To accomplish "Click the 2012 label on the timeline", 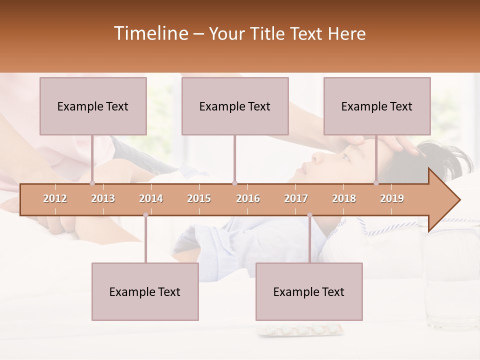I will (x=55, y=198).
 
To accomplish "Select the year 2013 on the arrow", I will (x=103, y=198).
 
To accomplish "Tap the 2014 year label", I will (x=151, y=198).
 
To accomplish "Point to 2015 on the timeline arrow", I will (x=199, y=198).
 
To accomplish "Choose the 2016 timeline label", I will (x=248, y=198).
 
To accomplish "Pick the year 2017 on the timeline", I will (x=296, y=198).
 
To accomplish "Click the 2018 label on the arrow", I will (x=344, y=198).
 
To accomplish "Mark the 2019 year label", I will (x=392, y=198).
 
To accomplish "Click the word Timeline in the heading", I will (x=150, y=33).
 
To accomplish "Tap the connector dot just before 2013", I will (x=92, y=183).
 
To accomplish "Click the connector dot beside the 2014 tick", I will (x=145, y=215).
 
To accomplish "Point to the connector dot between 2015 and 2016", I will (x=234, y=183).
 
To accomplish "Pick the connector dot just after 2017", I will (x=309, y=215).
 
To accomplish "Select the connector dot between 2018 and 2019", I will (x=376, y=183).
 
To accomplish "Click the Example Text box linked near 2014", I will (x=145, y=291).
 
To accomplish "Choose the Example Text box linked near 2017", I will (x=309, y=291).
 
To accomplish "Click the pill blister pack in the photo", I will (x=300, y=330).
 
